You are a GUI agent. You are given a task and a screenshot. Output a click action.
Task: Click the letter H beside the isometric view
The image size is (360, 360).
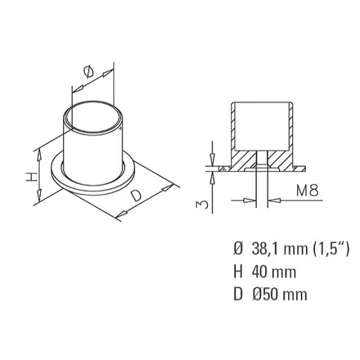(x=31, y=177)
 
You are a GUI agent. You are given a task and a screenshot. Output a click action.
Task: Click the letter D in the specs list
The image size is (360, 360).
(x=239, y=295)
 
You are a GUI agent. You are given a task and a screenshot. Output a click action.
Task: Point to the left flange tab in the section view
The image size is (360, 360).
(x=222, y=168)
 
